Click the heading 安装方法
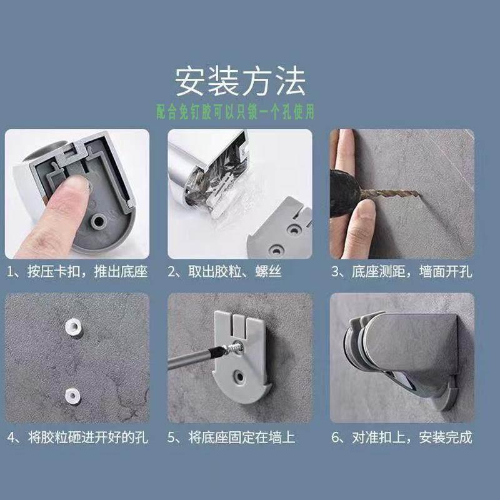(240, 81)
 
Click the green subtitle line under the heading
(236, 112)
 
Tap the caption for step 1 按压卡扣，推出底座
(77, 272)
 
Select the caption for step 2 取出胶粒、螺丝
(224, 272)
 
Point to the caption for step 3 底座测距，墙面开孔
(402, 272)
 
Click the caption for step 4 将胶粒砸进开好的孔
(77, 437)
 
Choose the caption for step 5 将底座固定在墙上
(231, 437)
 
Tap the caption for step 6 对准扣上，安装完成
(402, 437)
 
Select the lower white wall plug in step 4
(72, 396)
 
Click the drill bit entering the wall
(390, 193)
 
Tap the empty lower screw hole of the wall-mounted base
(239, 377)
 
